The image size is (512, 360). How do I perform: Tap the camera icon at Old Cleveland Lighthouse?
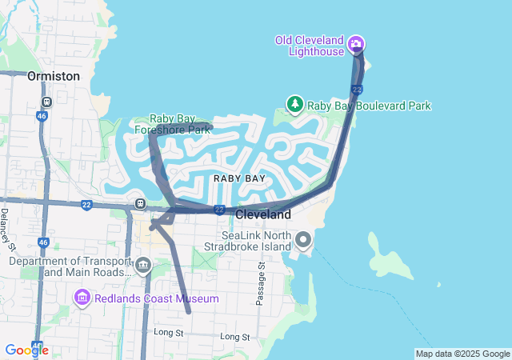tap(356, 43)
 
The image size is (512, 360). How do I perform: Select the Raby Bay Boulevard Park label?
tap(369, 106)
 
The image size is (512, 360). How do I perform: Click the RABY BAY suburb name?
tap(239, 178)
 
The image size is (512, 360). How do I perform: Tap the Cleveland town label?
tap(263, 215)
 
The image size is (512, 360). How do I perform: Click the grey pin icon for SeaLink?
tap(303, 239)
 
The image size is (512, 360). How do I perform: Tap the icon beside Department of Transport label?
tap(143, 265)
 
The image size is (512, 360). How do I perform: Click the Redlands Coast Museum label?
tap(157, 298)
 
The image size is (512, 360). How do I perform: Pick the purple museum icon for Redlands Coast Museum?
tap(82, 298)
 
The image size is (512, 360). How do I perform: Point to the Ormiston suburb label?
tap(54, 76)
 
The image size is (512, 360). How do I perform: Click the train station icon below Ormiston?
tap(47, 102)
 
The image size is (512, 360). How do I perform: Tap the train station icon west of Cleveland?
tap(141, 203)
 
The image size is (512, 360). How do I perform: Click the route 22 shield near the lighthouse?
tap(357, 89)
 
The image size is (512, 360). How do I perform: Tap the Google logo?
tap(26, 350)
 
